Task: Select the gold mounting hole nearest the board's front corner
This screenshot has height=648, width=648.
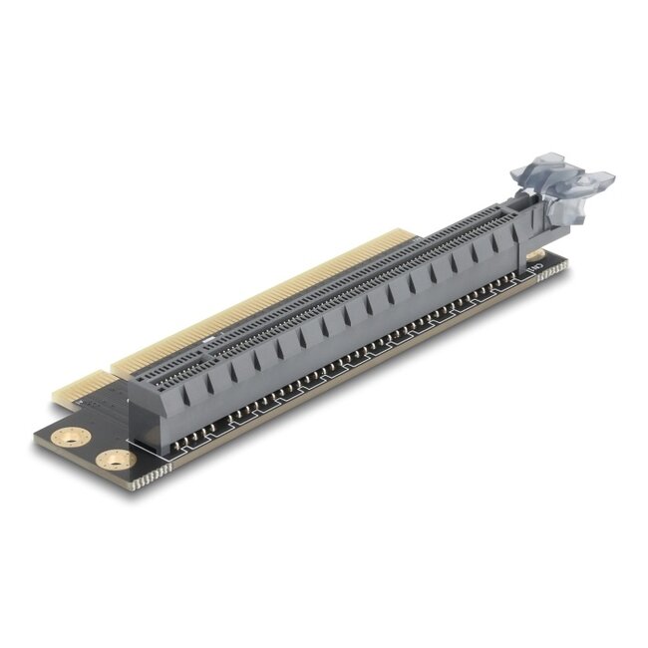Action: [116, 460]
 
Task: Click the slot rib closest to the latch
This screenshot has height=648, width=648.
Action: [495, 240]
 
